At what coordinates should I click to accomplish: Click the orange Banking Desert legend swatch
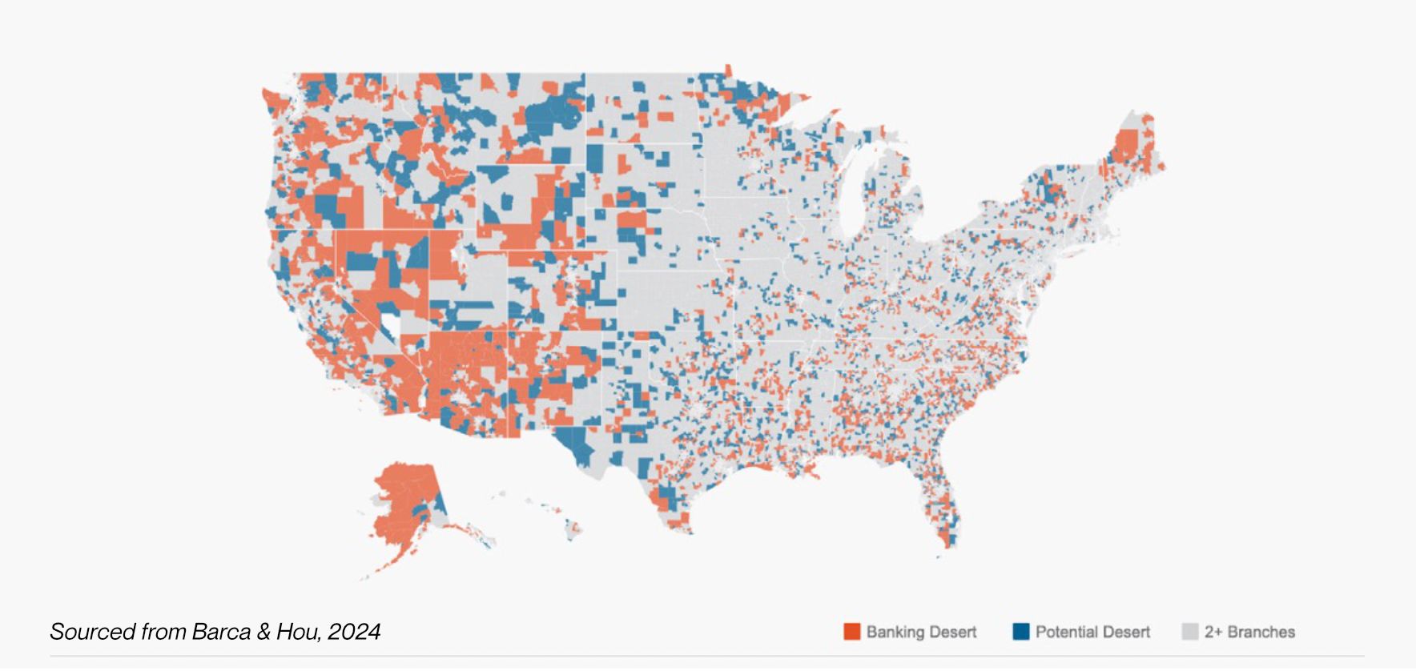851,632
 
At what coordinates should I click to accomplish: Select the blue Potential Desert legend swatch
1020,632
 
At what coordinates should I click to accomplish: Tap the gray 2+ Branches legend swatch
1189,632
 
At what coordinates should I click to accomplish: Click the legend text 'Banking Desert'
921,632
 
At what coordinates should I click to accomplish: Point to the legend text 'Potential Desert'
1092,632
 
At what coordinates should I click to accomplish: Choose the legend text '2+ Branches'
1249,632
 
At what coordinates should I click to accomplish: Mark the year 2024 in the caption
354,632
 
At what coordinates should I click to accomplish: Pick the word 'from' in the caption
163,632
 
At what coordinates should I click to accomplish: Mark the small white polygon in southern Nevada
390,324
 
